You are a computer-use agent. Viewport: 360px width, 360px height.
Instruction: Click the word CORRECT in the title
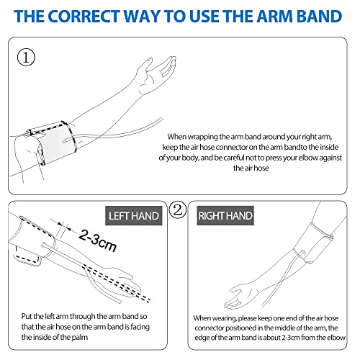coord(84,17)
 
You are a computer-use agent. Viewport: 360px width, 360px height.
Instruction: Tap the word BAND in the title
coord(320,17)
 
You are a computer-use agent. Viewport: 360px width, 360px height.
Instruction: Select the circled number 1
coord(26,58)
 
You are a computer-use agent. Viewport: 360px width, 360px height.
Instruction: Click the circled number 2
coord(178,210)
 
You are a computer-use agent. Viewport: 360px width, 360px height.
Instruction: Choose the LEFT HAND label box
coord(134,215)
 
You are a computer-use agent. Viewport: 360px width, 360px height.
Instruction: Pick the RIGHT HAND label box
coord(225,215)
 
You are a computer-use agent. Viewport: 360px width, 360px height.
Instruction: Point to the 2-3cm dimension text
coord(98,240)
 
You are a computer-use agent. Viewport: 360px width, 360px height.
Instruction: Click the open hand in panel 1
coord(156,74)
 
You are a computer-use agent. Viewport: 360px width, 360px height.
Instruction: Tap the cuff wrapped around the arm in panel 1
coord(52,143)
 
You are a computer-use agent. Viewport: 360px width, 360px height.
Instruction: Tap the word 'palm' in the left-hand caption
coord(80,337)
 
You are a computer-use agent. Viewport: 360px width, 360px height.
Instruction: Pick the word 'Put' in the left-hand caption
coord(27,316)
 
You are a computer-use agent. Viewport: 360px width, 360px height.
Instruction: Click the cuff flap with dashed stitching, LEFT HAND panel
coord(27,257)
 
